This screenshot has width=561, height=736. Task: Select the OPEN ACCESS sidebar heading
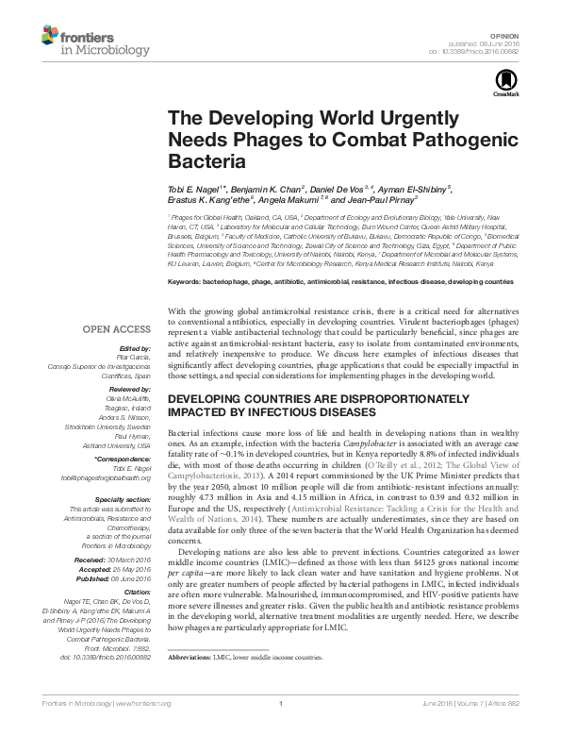pos(116,329)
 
